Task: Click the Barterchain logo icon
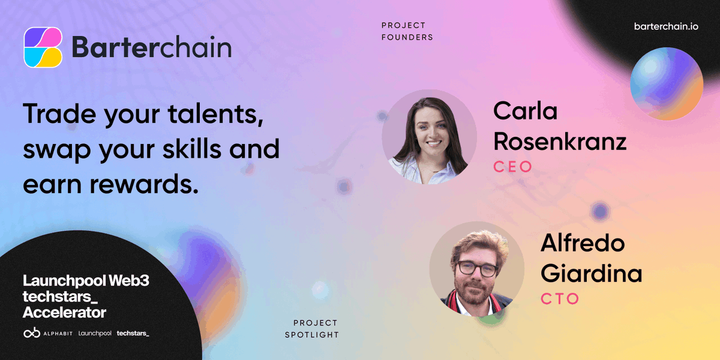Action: pos(43,47)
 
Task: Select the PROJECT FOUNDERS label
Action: pos(407,31)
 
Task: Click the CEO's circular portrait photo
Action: pos(429,136)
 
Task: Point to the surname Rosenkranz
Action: pos(559,142)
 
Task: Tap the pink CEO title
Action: pos(512,167)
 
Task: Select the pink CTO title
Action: pos(560,298)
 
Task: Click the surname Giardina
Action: pos(591,274)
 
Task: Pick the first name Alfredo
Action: pos(582,243)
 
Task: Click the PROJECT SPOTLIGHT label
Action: pos(316,329)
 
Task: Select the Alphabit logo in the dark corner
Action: pos(47,333)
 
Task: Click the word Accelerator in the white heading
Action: pos(64,313)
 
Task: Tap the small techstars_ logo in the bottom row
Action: pos(133,333)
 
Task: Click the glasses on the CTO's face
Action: pos(477,268)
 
